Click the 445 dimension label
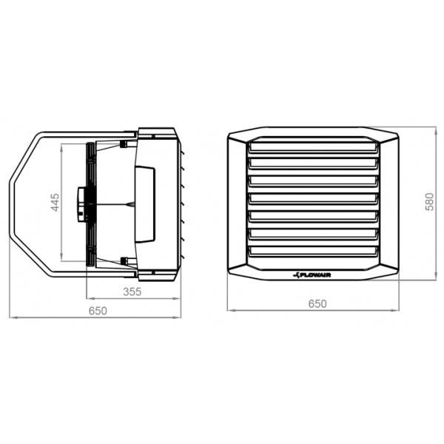click(55, 202)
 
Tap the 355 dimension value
click(132, 292)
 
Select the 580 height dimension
click(429, 201)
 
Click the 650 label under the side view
click(98, 311)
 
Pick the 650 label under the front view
click(317, 303)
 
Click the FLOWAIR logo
click(312, 275)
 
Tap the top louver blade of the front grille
click(314, 147)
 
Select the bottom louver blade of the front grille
click(314, 251)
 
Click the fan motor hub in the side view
click(81, 204)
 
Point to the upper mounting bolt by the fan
click(124, 144)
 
